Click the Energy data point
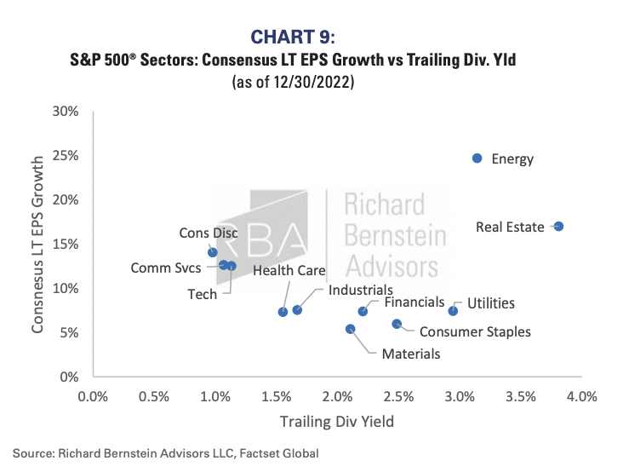pos(477,158)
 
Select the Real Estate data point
pos(558,227)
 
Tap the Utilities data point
pos(453,311)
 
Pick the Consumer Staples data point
pos(397,324)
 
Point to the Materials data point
pos(350,329)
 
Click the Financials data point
pos(363,311)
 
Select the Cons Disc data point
pos(212,252)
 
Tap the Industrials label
pos(361,290)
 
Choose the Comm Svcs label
pos(166,268)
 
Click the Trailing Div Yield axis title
pos(338,421)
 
